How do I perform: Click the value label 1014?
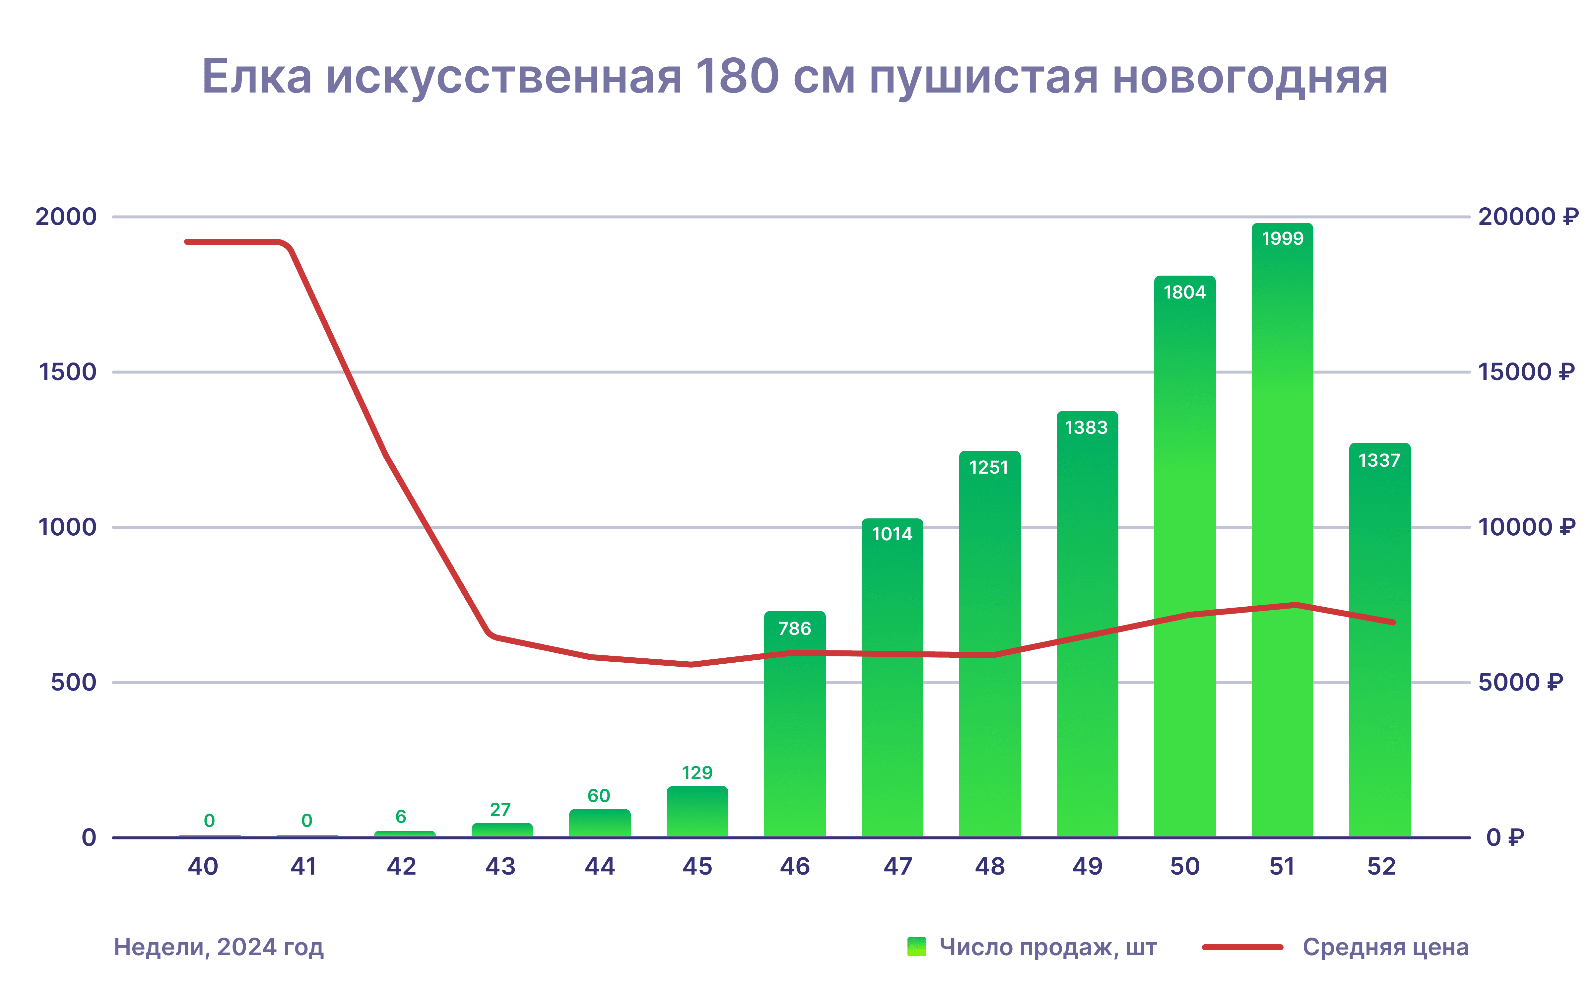pos(892,534)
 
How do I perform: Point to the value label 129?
pos(696,772)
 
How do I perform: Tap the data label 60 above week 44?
pos(599,796)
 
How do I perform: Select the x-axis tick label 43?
pos(500,867)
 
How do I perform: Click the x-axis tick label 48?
pos(989,867)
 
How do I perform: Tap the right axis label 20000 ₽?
pos(1528,217)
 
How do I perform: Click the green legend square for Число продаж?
pos(916,947)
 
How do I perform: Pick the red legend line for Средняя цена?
pos(1242,947)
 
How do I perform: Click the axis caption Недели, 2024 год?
pos(219,947)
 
